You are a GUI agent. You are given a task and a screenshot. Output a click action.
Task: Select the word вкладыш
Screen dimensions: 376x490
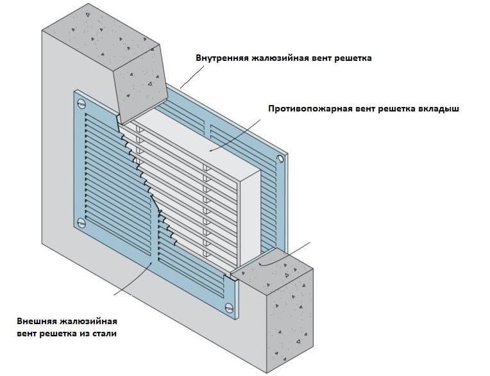pos(439,109)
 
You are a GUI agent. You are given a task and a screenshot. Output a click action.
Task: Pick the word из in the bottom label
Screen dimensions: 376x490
pos(83,334)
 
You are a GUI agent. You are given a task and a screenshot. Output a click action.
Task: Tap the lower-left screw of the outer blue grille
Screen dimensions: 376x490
pos(81,223)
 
